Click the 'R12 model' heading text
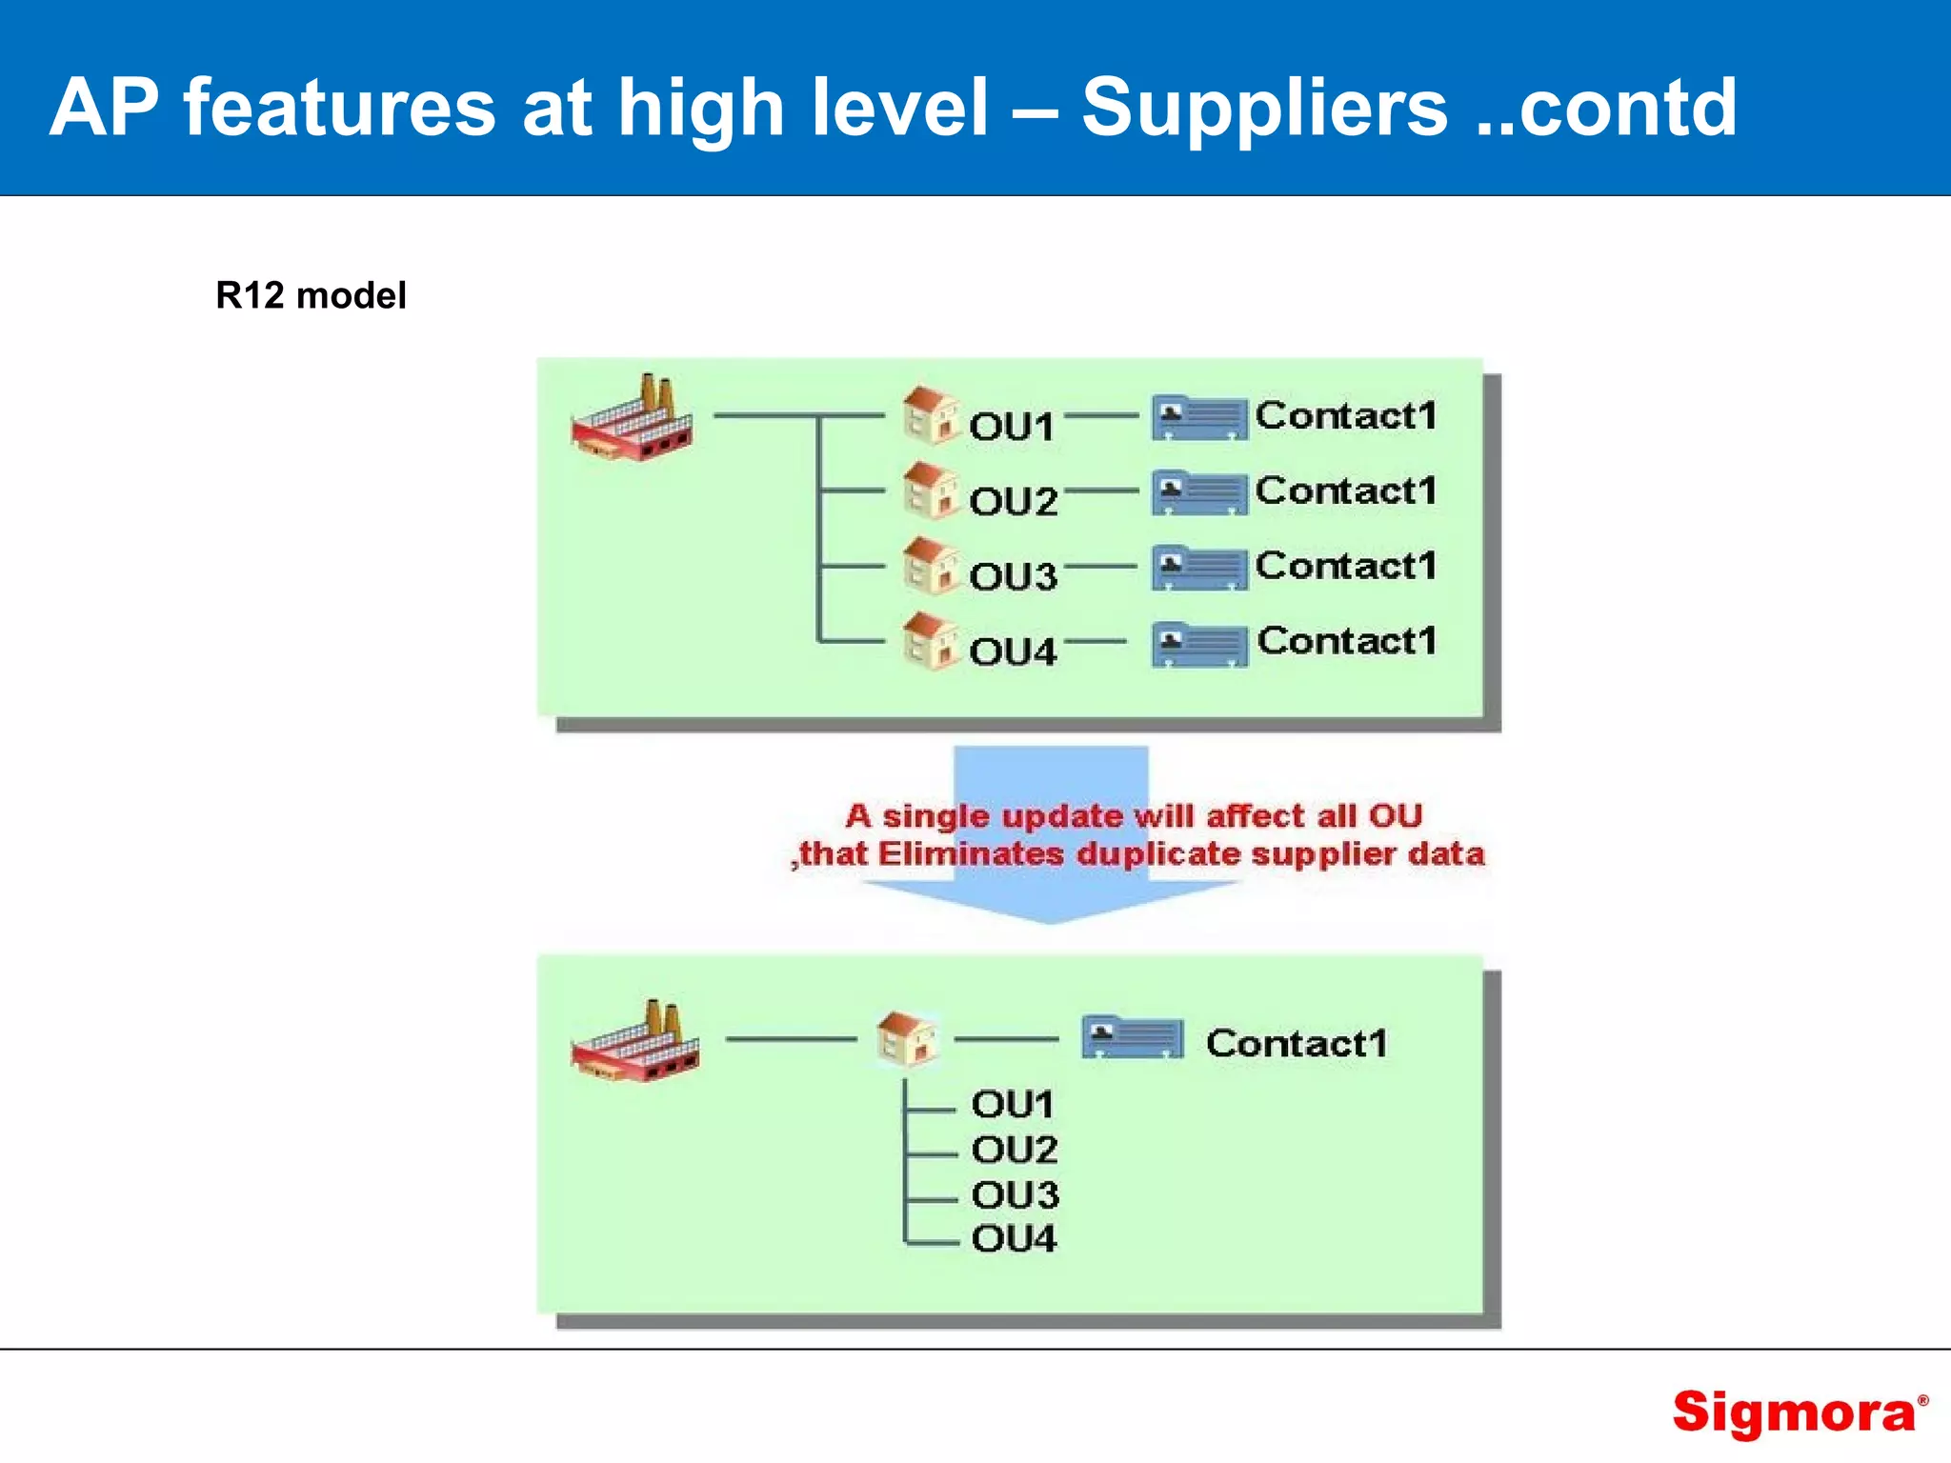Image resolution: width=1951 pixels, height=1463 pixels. (311, 295)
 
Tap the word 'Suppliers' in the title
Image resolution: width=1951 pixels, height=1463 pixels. (1264, 107)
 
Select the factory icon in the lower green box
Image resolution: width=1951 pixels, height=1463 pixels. (635, 1042)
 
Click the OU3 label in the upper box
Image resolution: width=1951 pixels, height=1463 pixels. (1013, 576)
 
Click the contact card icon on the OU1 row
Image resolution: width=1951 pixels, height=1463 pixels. (1198, 418)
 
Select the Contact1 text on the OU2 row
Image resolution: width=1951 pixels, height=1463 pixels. (1345, 491)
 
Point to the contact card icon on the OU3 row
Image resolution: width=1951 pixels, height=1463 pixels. (1198, 568)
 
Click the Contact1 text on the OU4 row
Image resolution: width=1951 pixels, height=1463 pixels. (1346, 641)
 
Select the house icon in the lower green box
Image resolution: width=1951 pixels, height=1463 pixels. (906, 1038)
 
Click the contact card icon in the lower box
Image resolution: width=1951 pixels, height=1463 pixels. (1132, 1038)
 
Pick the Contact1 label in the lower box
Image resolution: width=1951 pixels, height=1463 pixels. (1296, 1043)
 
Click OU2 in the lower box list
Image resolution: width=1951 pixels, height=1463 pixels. (1014, 1150)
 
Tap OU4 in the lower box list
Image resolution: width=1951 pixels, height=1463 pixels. (1014, 1238)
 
